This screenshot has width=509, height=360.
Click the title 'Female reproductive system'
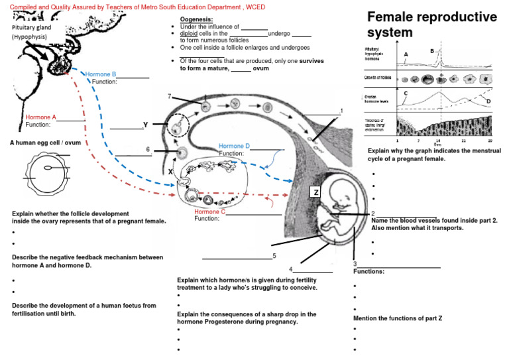tap(431, 24)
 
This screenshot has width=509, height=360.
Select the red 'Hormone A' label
tap(40, 117)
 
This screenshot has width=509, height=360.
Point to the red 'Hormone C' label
tap(210, 211)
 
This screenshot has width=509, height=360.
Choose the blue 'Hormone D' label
tap(234, 146)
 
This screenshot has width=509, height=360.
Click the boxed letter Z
tap(316, 192)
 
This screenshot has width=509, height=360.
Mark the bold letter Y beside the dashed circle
tap(145, 125)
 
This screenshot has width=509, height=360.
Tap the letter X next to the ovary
tap(170, 171)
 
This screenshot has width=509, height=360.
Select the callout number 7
tap(170, 96)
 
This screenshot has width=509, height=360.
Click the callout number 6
tap(148, 149)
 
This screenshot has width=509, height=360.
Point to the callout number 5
tap(274, 255)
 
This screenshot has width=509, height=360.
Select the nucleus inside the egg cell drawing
tap(48, 168)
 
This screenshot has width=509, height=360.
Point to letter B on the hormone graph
tap(432, 50)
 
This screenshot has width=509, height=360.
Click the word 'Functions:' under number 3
tap(368, 271)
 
